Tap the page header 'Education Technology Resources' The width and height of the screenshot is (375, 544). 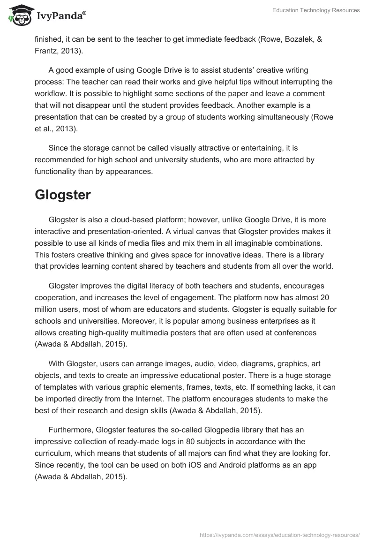coord(316,10)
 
